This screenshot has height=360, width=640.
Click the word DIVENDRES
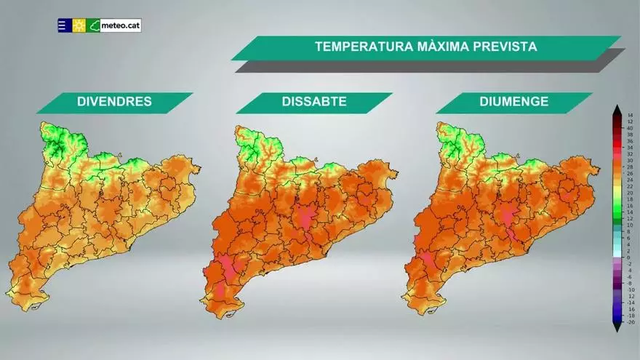114,102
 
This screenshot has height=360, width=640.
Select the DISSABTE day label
313,102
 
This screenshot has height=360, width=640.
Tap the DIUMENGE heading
513,102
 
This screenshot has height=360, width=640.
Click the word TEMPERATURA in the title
361,47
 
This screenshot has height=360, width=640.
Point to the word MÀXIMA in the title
442,47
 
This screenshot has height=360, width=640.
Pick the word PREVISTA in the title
507,47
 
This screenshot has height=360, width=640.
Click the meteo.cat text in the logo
120,25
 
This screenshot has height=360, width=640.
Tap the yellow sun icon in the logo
79,25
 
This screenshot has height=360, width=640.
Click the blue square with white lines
64,25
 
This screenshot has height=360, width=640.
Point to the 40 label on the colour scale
629,129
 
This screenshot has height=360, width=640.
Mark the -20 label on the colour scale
629,321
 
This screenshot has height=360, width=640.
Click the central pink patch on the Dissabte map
304,214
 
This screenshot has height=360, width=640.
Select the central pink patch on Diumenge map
506,215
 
